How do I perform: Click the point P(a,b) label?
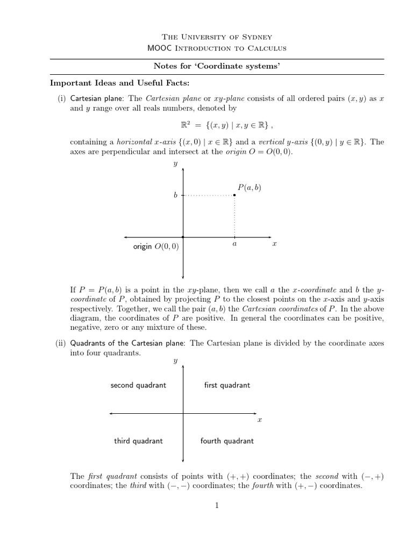click(x=249, y=187)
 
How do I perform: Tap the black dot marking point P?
click(x=234, y=196)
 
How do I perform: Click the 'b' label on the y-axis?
click(x=175, y=196)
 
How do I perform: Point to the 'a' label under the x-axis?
click(x=234, y=244)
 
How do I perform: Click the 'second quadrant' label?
click(x=138, y=385)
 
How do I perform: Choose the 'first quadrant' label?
click(x=227, y=385)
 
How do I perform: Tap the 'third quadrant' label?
click(x=138, y=441)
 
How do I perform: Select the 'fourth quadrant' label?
click(x=227, y=441)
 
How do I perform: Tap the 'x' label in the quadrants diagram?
click(x=259, y=420)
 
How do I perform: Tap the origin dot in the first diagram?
click(x=183, y=237)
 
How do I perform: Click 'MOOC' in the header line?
click(x=159, y=48)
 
